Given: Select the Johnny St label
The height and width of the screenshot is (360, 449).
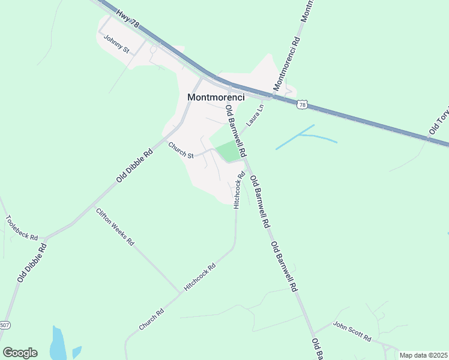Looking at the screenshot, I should click(x=116, y=44).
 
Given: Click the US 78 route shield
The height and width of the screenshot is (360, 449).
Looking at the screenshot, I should click(x=302, y=104).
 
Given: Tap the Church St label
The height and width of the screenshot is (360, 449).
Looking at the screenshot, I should click(x=181, y=151).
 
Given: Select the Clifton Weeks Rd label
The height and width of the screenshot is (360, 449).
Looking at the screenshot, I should click(x=115, y=227).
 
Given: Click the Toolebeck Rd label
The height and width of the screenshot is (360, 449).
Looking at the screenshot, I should click(x=22, y=228).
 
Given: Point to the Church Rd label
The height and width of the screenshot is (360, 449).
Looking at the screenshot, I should click(x=151, y=319).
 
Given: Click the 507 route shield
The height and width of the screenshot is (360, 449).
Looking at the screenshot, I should click(x=5, y=325).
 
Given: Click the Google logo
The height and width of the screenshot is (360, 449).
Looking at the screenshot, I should click(x=20, y=352).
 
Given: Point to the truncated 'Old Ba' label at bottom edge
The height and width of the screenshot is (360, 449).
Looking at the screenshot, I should click(x=318, y=348).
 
